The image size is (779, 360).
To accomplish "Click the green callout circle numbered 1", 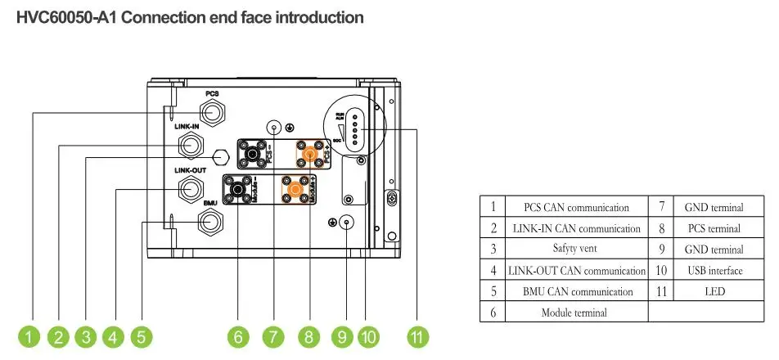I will point(30,336).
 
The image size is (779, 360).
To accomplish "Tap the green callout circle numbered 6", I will point(238,336).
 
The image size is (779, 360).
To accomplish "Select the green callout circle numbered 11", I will point(418,336).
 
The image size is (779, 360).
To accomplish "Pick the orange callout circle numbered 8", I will point(308,336).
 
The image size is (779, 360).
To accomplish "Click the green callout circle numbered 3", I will point(86,336).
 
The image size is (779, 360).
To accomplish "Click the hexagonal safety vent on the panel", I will point(219,156).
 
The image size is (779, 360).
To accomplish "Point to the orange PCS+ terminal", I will point(309,153).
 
